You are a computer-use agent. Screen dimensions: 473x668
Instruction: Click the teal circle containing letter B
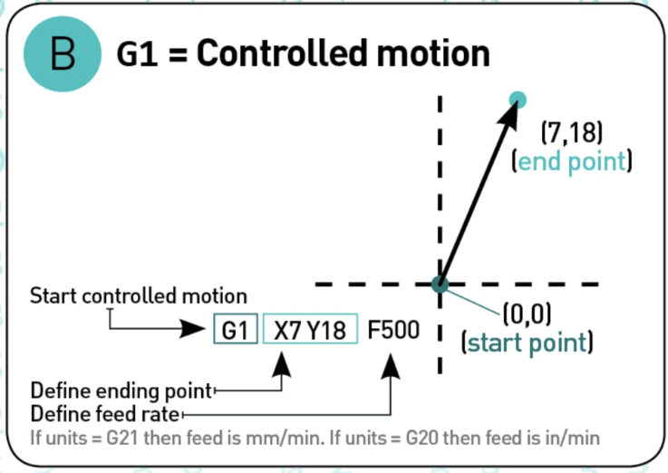pyautogui.click(x=63, y=53)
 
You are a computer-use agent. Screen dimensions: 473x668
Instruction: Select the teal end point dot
pyautogui.click(x=518, y=100)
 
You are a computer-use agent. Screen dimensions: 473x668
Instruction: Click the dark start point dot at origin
pyautogui.click(x=440, y=284)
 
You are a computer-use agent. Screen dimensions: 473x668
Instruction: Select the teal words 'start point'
pyautogui.click(x=527, y=343)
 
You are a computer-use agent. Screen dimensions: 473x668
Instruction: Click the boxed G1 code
pyautogui.click(x=236, y=330)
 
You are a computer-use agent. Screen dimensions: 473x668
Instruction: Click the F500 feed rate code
pyautogui.click(x=393, y=330)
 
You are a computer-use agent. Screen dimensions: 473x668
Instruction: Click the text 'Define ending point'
pyautogui.click(x=121, y=391)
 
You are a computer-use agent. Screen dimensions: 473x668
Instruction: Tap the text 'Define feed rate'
pyautogui.click(x=105, y=414)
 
